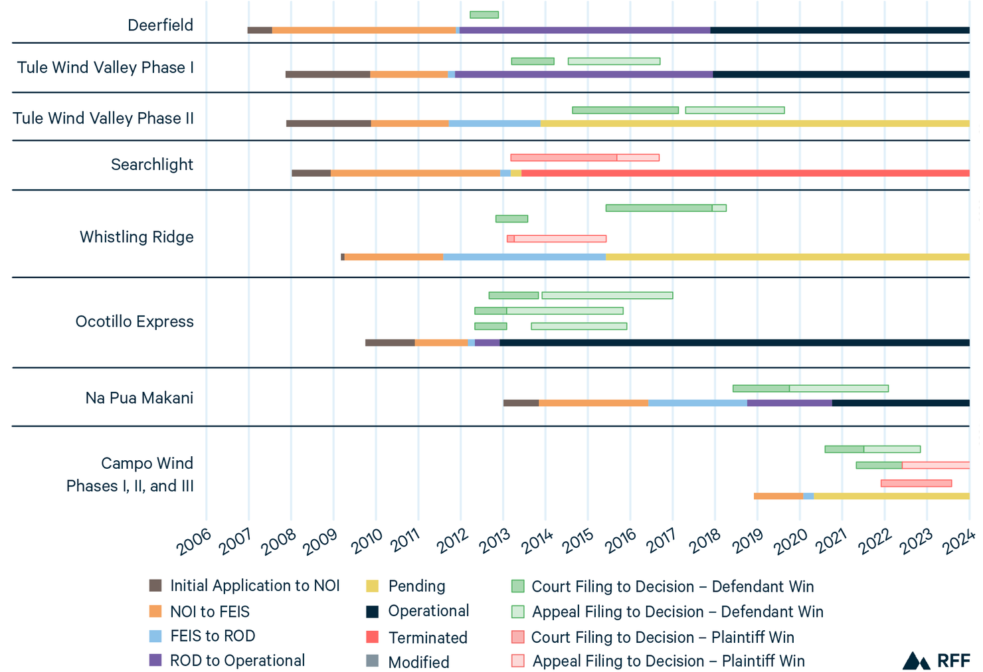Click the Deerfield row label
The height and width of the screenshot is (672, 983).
coord(160,25)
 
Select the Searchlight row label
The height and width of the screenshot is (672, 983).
coord(151,165)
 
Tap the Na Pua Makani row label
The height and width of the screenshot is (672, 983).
coord(139,398)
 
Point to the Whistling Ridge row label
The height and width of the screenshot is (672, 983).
coord(136,237)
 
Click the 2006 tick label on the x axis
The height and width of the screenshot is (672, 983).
coord(193,543)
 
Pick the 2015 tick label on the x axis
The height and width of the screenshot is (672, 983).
coord(578,543)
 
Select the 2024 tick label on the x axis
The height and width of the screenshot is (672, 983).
coord(959,543)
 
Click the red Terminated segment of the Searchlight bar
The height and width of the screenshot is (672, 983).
coord(744,173)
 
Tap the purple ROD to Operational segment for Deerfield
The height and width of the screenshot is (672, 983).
coord(584,30)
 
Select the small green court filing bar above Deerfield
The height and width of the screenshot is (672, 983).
coord(484,15)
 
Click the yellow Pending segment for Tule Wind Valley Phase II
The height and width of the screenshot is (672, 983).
coord(754,124)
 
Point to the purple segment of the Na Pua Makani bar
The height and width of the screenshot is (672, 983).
coord(789,403)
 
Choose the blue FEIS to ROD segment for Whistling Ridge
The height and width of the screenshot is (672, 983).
coord(524,257)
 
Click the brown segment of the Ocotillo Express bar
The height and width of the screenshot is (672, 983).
coord(390,343)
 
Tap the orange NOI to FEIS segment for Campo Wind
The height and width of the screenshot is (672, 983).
coord(778,496)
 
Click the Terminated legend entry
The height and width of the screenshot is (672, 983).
coord(427,637)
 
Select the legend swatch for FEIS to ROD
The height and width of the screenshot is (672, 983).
coord(155,636)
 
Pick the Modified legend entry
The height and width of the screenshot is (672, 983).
coord(418,662)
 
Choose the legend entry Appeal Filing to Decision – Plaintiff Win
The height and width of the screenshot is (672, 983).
coord(668,661)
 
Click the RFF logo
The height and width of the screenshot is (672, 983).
coord(937,661)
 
